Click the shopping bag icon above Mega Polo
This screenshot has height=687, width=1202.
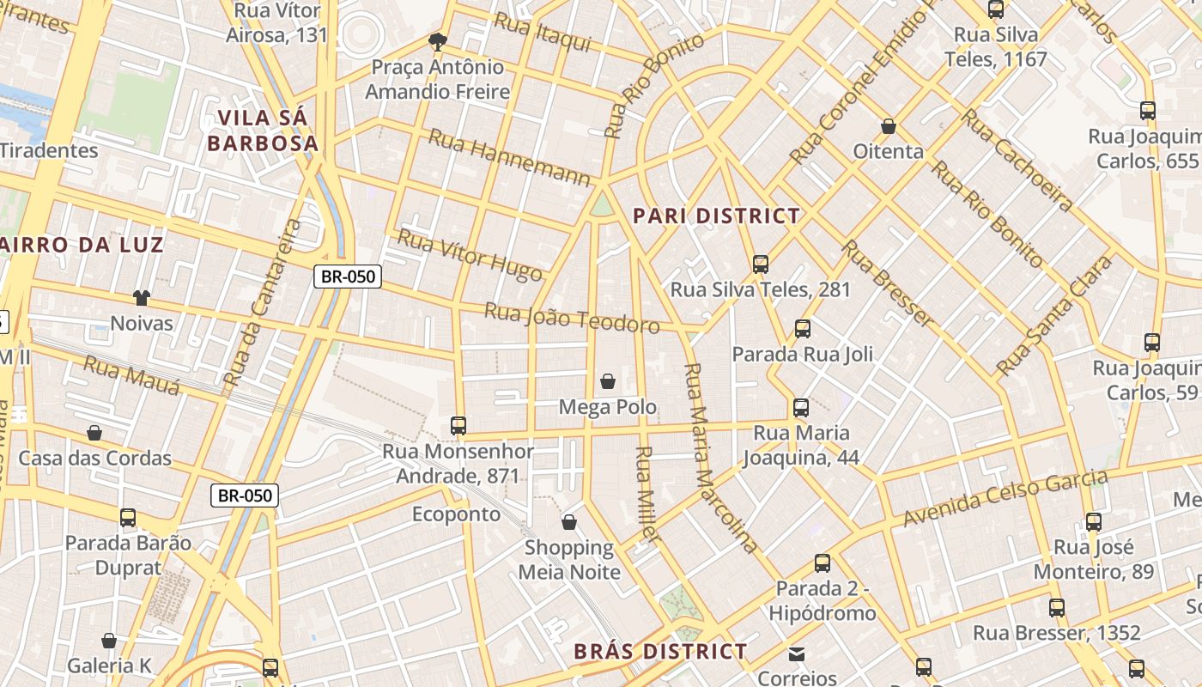coord(608,380)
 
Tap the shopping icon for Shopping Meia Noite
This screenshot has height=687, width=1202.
coord(568,522)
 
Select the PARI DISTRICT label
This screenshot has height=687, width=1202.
coord(716,216)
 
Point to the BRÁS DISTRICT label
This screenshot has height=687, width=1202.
coord(660,652)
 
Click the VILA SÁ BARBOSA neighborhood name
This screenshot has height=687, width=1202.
coord(263,131)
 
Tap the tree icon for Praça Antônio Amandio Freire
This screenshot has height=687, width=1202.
coord(438,41)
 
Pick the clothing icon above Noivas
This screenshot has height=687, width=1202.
coord(142,298)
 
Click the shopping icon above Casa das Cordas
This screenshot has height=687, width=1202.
coord(94,433)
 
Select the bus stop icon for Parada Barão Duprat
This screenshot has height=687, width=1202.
coord(128,517)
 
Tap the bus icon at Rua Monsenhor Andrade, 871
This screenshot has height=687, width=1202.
coord(458,425)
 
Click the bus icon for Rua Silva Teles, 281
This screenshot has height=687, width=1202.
coord(760,264)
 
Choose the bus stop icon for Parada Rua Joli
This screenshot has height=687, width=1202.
coord(802,328)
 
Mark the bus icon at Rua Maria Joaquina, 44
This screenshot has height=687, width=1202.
coord(801,407)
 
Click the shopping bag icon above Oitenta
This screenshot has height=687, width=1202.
coord(889,126)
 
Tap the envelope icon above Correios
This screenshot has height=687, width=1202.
coord(798,654)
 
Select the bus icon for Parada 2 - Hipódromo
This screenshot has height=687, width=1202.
coord(823,563)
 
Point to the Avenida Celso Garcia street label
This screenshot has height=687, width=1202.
coord(1005,498)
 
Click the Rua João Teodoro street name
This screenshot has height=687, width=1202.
coord(572,318)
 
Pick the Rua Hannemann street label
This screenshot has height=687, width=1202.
coord(510,157)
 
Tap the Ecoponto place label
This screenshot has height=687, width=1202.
coord(456,514)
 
